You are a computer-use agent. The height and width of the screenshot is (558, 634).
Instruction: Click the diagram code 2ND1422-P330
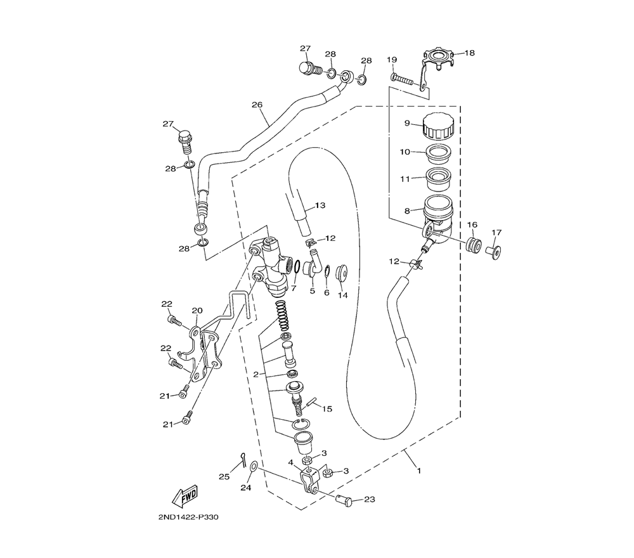[x=189, y=517]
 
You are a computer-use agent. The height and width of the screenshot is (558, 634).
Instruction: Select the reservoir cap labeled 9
[x=438, y=126]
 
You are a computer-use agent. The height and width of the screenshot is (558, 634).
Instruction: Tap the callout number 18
[x=469, y=53]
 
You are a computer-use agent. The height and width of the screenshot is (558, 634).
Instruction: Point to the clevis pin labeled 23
[x=344, y=500]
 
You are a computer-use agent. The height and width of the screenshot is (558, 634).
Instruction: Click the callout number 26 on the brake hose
[x=257, y=105]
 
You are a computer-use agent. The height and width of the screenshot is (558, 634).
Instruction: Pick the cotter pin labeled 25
[x=243, y=460]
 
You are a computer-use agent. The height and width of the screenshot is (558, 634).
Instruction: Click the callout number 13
[x=320, y=205]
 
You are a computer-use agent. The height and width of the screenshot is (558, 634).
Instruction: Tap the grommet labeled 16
[x=474, y=245]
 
